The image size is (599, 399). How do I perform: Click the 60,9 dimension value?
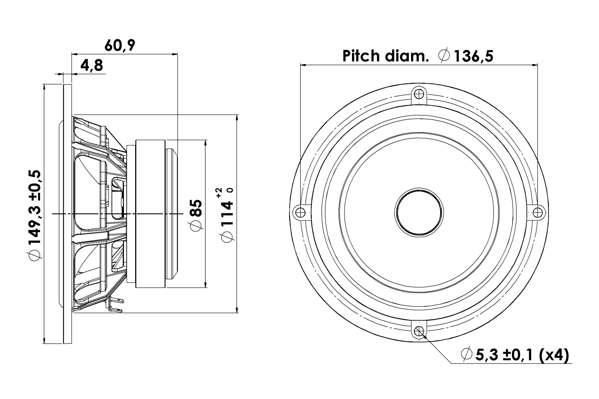point(119,45)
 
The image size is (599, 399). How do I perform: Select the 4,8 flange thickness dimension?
point(91,66)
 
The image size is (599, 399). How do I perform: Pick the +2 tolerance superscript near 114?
point(219,193)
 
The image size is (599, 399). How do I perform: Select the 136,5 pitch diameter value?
point(473,57)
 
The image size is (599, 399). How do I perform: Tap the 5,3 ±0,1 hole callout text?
point(506,355)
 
